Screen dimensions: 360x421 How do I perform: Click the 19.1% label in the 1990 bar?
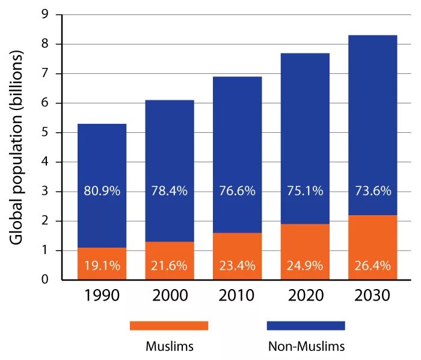[x=102, y=266]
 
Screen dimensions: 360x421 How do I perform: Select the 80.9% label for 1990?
[x=102, y=192]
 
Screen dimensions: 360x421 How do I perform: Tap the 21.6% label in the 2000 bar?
[x=169, y=266]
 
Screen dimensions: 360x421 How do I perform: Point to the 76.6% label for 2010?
[x=237, y=192]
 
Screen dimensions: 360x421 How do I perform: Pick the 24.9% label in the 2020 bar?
[x=304, y=266]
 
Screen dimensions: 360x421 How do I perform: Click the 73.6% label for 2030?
[x=372, y=192]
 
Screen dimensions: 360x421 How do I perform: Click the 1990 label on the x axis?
[x=102, y=295]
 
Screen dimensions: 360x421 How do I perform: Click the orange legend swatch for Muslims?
[x=169, y=325]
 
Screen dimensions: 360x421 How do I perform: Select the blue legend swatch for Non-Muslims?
[x=306, y=325]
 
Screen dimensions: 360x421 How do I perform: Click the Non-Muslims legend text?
[x=306, y=347]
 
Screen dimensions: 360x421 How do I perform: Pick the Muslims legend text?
[x=169, y=347]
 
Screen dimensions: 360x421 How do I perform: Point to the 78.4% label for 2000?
[x=169, y=192]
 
